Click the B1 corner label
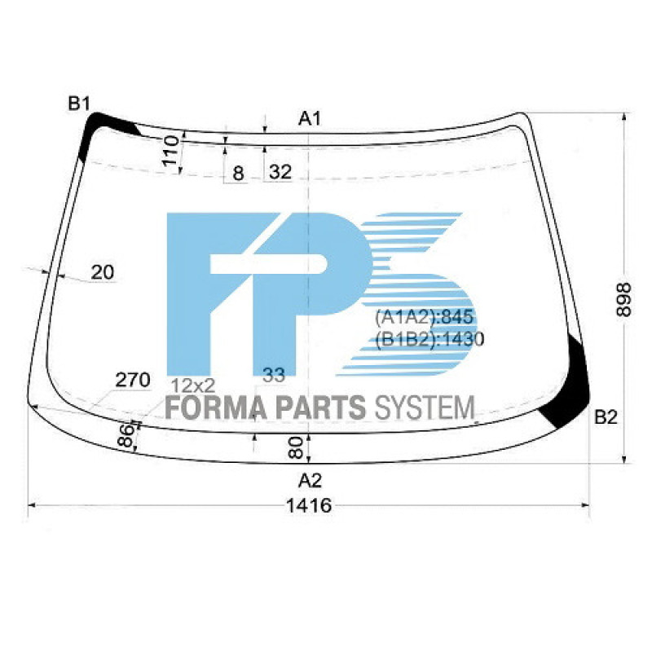coord(79,104)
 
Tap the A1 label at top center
coord(310,119)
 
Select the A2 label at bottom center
coord(310,478)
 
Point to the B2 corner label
coord(606,418)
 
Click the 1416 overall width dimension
coord(309,506)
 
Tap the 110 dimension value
coord(170,152)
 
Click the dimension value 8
coord(238,173)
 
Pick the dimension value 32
coord(280,172)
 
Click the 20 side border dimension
coord(103,272)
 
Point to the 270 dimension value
coord(132,379)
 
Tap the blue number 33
coord(275,375)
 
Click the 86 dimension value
coord(126,436)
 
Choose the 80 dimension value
coord(297,447)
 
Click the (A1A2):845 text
coord(424,318)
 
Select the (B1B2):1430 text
coord(430,339)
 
